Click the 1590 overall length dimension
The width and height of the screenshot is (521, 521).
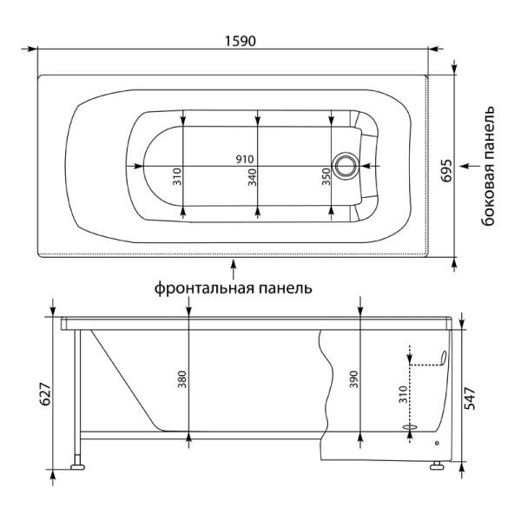[241, 41]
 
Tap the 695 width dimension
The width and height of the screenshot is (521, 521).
[447, 171]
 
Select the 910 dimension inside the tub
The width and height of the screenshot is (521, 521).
[245, 159]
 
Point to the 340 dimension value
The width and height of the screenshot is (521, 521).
[252, 177]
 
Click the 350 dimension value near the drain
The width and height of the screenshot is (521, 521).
[326, 177]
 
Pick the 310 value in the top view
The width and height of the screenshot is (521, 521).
[177, 176]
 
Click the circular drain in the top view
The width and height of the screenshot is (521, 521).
[346, 166]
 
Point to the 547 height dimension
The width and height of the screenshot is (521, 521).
[470, 398]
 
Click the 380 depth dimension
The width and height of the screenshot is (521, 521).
[182, 379]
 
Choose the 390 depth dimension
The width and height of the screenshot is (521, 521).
[354, 379]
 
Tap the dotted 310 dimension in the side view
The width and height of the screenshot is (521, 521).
[403, 394]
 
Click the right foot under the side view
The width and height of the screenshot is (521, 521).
[437, 465]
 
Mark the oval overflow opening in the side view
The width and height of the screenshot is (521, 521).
[443, 358]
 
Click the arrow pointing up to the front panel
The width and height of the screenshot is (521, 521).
[234, 269]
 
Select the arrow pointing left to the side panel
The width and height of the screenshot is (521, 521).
[470, 166]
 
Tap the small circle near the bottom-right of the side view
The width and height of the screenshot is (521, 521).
[437, 443]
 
